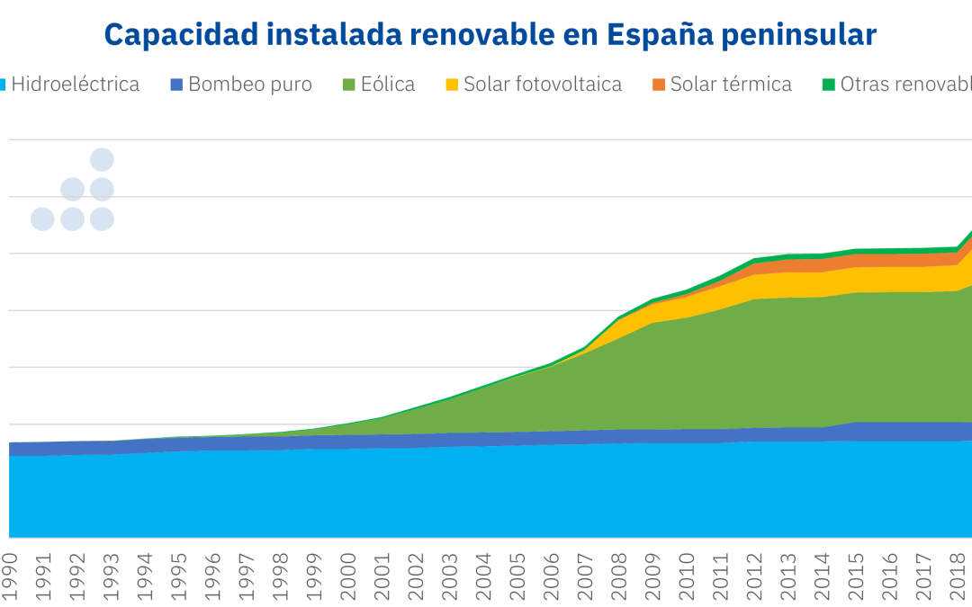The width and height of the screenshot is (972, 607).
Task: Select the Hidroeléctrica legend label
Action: [x=75, y=85]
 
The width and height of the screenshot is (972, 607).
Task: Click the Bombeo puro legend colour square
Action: [x=176, y=85]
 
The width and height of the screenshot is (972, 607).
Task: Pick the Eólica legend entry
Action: [x=388, y=85]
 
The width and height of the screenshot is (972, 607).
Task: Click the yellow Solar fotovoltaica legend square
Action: [x=453, y=85]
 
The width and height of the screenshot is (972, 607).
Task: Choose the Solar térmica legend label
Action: [x=731, y=85]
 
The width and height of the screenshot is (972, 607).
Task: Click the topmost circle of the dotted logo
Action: [x=102, y=159]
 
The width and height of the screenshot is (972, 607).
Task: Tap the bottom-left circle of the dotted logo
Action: [x=42, y=219]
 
